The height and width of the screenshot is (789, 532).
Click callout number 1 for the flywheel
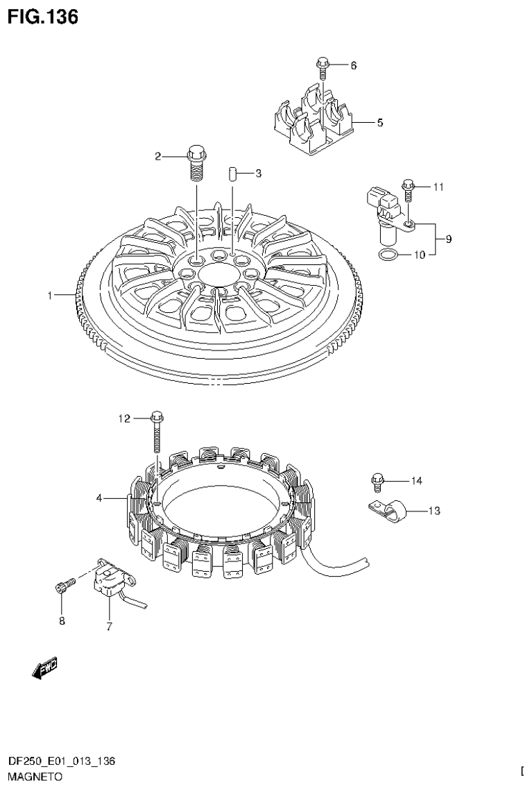click(50, 296)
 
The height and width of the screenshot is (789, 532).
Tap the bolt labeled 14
click(377, 480)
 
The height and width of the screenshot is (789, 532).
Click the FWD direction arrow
click(45, 668)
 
